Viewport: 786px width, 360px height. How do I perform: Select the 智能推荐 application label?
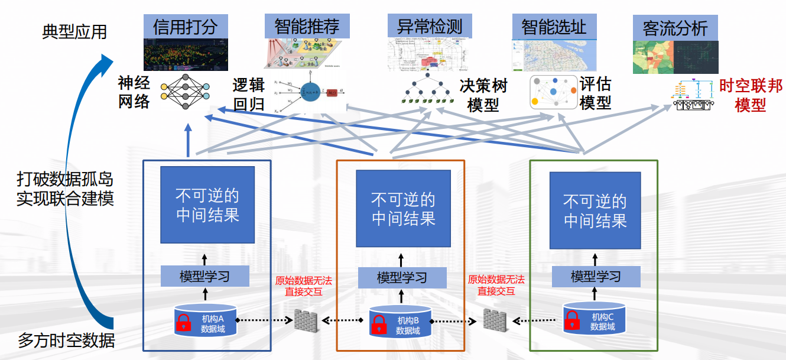[x=307, y=27]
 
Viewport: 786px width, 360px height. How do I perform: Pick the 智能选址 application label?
[x=554, y=27]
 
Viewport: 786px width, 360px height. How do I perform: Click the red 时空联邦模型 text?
[x=751, y=96]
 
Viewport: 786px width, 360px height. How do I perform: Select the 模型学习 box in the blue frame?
[x=205, y=276]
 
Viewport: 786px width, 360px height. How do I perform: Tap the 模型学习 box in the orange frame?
[x=402, y=277]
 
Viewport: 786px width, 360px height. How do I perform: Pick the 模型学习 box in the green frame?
[x=596, y=276]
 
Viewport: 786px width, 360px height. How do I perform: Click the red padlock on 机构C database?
[x=572, y=321]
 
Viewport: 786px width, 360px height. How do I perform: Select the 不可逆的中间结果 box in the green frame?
[x=595, y=210]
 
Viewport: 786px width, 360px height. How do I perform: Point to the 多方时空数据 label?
[x=66, y=340]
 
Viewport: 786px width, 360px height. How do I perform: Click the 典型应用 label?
[x=74, y=31]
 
